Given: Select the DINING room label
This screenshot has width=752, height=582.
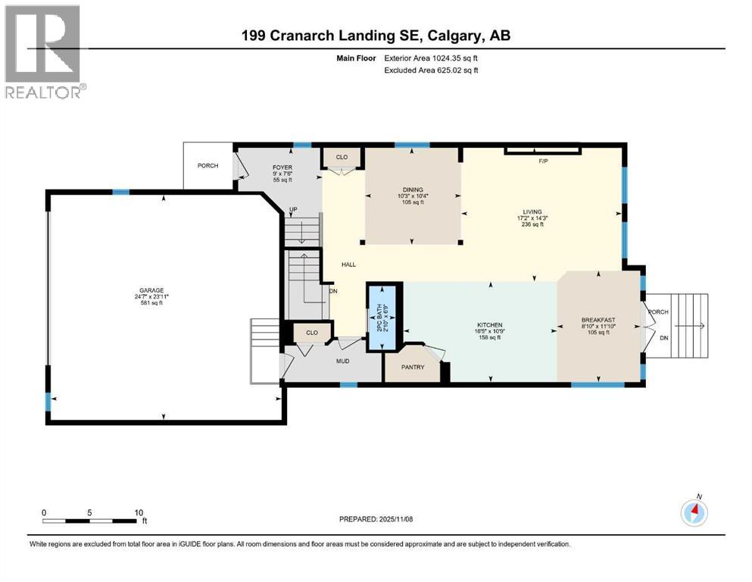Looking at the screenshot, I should point(413,189).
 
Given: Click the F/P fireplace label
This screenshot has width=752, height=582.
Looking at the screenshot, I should point(542,161).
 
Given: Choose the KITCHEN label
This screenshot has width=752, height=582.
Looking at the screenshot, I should point(488,321).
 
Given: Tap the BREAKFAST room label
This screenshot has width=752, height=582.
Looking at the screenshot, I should point(598,320).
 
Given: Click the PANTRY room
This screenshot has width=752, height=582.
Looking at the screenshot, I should point(412,368).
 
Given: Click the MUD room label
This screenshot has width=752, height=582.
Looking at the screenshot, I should point(342,361).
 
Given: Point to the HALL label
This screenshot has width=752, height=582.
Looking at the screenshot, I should point(348,264).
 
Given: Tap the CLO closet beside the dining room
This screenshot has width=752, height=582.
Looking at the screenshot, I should point(342,158).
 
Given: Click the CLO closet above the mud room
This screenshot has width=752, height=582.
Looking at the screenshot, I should point(311,332).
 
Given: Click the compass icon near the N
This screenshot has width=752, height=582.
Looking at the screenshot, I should point(694,513).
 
